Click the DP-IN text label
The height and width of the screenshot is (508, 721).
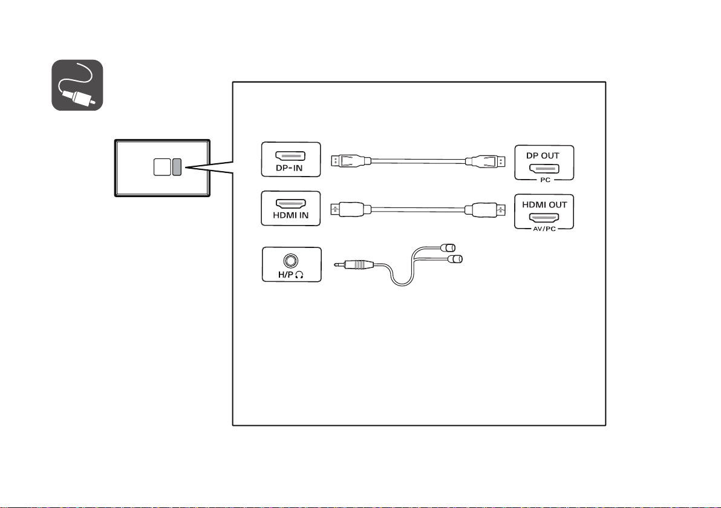click(289, 168)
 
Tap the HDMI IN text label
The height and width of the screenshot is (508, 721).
click(290, 215)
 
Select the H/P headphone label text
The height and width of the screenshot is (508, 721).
click(290, 275)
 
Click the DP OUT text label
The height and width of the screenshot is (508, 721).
click(543, 155)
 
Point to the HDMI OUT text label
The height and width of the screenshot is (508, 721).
click(544, 204)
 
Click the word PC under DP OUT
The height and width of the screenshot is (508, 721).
click(546, 180)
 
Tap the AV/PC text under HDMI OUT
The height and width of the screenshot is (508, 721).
click(544, 229)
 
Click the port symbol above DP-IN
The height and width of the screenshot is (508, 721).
click(290, 157)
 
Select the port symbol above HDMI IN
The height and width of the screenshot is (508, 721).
click(290, 204)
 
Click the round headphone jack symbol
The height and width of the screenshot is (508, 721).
click(290, 261)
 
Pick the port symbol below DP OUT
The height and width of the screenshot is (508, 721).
click(544, 169)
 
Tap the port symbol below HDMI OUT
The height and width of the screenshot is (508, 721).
click(544, 218)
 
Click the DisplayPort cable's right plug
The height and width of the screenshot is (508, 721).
click(485, 162)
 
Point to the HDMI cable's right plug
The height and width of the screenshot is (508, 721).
click(484, 210)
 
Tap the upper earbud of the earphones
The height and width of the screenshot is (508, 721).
click(448, 248)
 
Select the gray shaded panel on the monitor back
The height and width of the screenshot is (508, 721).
click(177, 167)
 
